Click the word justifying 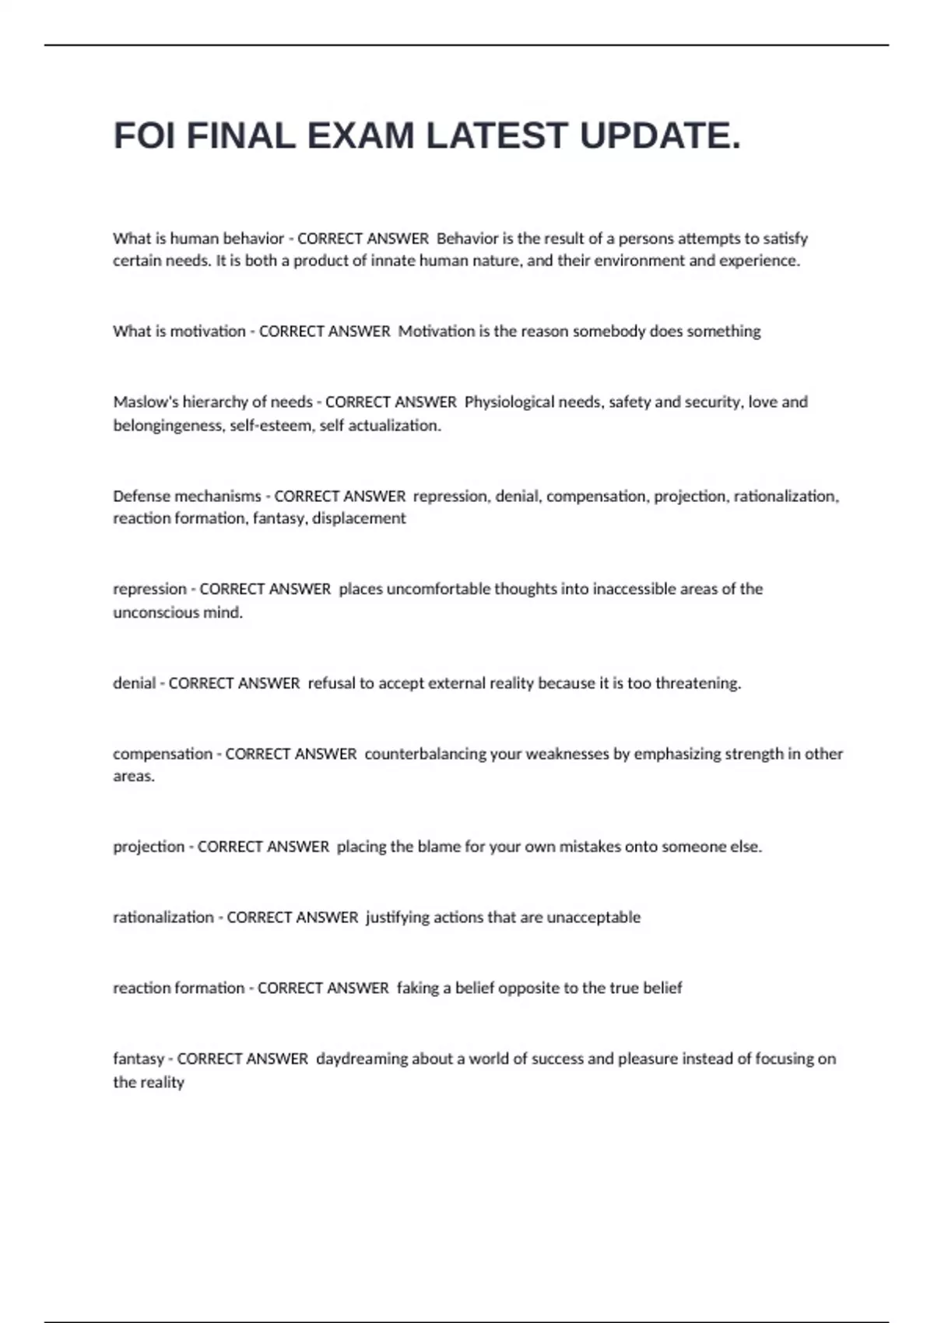pyautogui.click(x=398, y=918)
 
